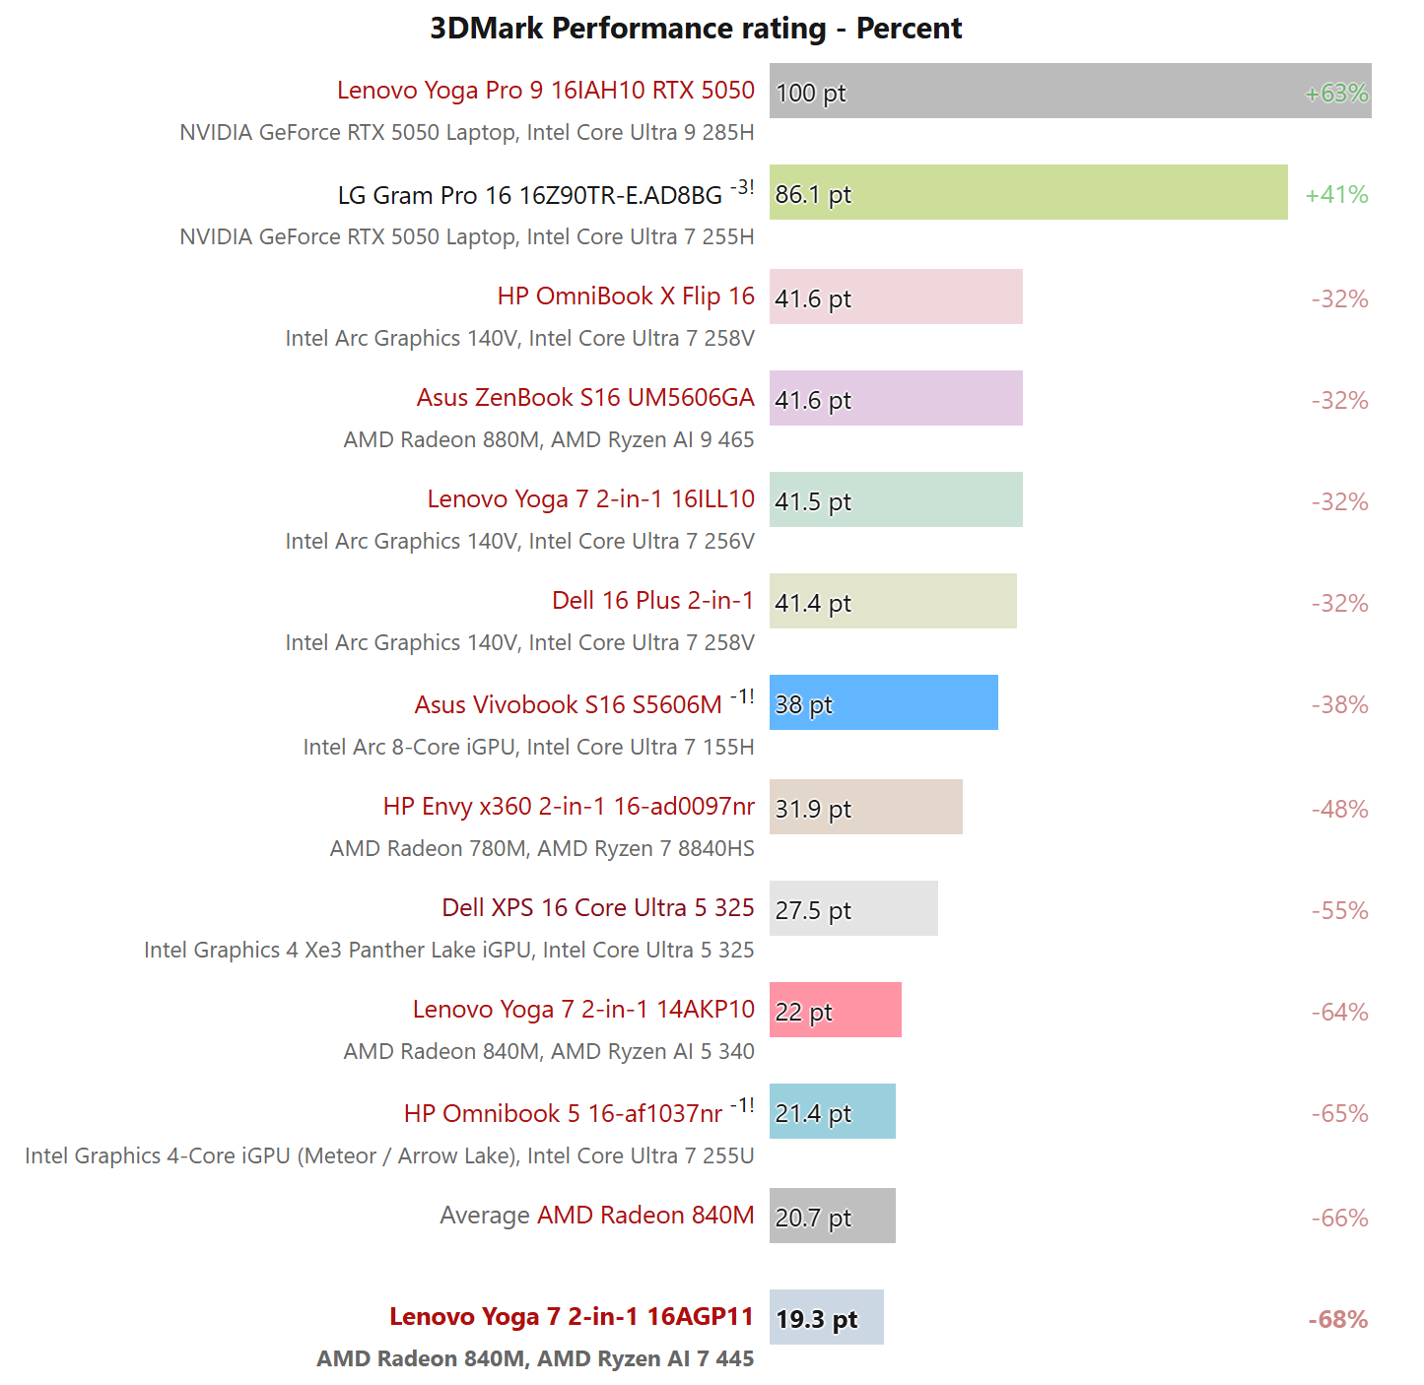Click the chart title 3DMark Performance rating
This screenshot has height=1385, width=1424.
coord(696,29)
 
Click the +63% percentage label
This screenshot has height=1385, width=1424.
coord(1336,94)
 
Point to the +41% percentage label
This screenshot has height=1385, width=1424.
coord(1336,195)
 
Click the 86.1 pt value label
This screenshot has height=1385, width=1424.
coord(813,195)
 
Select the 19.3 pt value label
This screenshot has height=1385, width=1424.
coord(816,1319)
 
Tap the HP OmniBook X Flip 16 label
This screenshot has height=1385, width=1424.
coord(626,297)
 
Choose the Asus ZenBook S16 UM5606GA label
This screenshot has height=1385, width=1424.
coord(585,398)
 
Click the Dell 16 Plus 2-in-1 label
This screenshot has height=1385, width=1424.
coord(652,601)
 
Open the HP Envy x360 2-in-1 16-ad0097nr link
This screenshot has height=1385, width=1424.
coord(569,807)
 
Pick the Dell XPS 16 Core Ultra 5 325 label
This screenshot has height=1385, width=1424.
coord(597,908)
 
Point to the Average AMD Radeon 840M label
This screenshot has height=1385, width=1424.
coord(596,1216)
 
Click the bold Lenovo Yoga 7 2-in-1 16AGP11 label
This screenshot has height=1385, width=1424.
coord(572,1317)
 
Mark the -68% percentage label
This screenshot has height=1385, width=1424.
coord(1337,1320)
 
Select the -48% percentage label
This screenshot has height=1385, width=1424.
coord(1339,810)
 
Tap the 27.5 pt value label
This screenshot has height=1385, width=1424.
coord(813,911)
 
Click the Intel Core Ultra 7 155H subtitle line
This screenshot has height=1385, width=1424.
coord(528,748)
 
